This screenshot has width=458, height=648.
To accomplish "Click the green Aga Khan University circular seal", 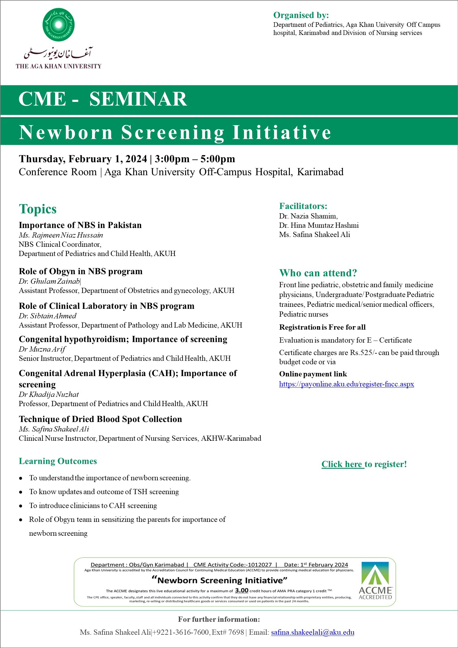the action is tap(59, 24).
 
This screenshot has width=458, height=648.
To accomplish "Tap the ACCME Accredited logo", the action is tap(375, 581).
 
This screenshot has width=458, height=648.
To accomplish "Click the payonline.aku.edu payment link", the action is tap(346, 384).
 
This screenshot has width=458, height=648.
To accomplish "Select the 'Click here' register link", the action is tap(343, 464).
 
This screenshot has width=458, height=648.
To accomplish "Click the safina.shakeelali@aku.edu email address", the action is tap(313, 632).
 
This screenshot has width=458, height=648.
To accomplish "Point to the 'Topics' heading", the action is tap(37, 209).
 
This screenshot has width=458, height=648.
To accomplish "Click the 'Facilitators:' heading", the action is tap(303, 206).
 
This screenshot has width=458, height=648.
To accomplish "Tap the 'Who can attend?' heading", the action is tap(318, 273).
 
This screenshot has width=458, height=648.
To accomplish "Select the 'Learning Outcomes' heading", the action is tap(58, 461).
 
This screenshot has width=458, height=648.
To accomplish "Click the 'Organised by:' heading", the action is tap(301, 15).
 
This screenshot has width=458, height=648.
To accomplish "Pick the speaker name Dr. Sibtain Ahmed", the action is tap(48, 316).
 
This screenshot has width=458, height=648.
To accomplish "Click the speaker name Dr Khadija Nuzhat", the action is tap(48, 394).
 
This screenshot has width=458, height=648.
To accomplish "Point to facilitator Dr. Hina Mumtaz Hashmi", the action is tap(319, 225).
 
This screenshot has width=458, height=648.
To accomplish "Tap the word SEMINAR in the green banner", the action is tap(138, 99).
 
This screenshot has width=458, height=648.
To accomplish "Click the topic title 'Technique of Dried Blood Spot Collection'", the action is tap(100, 419).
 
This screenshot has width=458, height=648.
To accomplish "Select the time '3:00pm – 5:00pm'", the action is tap(195, 159).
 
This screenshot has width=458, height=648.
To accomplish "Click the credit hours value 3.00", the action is tap(241, 590).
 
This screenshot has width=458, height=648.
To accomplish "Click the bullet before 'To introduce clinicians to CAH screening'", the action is tap(21, 506).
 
